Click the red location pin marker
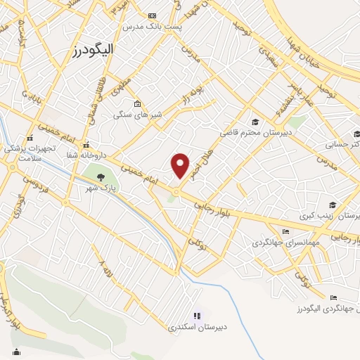point(181,165)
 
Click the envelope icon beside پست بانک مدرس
point(153,15)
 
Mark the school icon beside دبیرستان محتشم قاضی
point(255,121)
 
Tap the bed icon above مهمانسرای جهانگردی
point(284,231)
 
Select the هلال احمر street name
point(203,161)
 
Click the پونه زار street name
point(193,94)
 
